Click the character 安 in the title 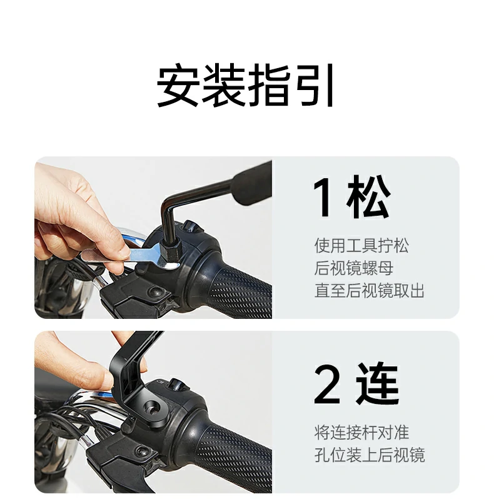[x=178, y=86]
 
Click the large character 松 [x=369, y=199]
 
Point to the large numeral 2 [x=326, y=386]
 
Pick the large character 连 [x=378, y=386]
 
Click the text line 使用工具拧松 [x=361, y=246]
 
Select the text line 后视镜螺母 [x=353, y=268]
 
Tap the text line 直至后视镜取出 [x=369, y=291]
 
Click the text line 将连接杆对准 [x=361, y=432]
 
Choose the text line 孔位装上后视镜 [x=369, y=455]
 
